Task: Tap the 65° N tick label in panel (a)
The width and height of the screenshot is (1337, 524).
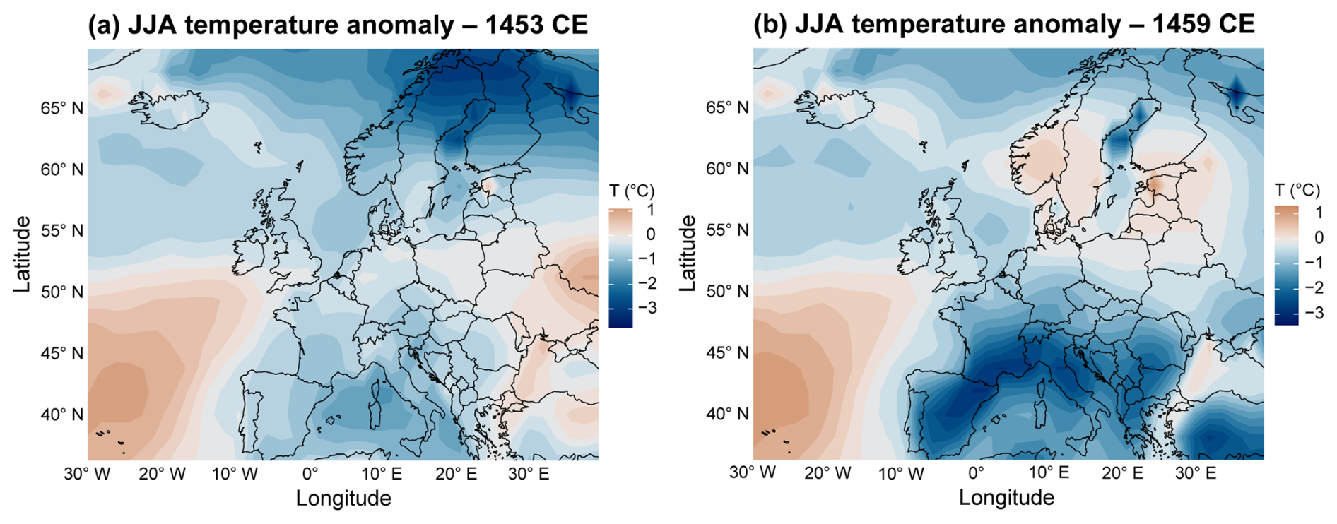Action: [61, 108]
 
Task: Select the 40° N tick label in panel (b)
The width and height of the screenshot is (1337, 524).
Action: [727, 414]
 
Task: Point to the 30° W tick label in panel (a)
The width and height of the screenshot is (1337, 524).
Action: [87, 474]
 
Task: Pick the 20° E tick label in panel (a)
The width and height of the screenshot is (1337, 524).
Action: [456, 474]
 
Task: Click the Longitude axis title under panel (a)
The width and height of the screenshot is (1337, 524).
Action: [343, 499]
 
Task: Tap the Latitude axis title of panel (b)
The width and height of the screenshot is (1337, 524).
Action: [687, 254]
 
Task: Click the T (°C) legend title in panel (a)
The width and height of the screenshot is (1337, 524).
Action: [632, 191]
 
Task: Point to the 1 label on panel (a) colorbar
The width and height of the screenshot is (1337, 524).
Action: [649, 210]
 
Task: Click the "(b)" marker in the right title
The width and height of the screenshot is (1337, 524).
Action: [770, 25]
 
